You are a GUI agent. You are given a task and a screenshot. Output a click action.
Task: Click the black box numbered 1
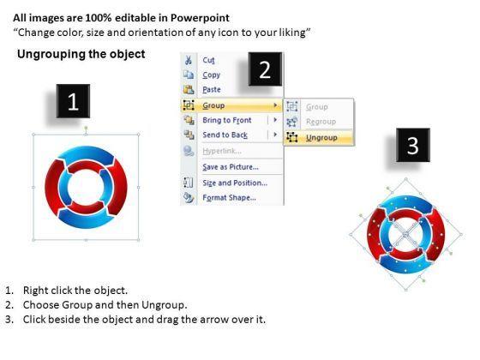point(73,101)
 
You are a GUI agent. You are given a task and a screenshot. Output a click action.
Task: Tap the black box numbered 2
point(265,69)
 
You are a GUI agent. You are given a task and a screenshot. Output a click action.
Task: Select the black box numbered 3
point(413,145)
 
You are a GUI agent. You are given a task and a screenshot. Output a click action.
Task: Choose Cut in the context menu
point(209,60)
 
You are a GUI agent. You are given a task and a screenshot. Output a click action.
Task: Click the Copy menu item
point(211,75)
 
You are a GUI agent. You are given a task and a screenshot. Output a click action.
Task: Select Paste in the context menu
point(212,89)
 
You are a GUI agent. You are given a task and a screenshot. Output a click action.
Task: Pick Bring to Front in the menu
point(227,120)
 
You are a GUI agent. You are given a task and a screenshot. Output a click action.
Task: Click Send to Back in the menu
point(225,135)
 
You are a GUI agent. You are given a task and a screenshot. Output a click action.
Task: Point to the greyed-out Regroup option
point(321,122)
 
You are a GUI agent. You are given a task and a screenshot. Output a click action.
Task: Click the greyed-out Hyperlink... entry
point(222,151)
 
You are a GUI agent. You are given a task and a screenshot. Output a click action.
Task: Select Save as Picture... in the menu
point(231,167)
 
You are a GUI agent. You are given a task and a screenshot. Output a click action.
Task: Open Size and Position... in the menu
point(235,183)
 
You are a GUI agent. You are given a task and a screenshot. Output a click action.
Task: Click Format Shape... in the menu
point(230,198)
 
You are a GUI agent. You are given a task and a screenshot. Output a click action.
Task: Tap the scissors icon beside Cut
point(189,60)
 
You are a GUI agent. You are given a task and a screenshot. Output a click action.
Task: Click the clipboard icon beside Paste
point(189,89)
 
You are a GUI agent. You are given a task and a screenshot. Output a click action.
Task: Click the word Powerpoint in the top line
point(200,18)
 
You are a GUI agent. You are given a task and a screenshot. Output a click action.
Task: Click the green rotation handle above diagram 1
point(86,128)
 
